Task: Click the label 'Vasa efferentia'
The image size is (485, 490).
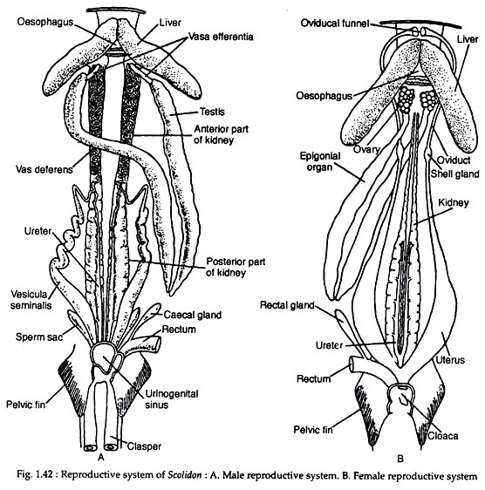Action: point(221,37)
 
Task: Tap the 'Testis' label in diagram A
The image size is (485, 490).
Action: point(212,112)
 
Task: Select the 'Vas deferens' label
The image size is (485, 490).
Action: point(44,170)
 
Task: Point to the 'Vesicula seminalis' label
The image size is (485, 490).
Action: point(31,299)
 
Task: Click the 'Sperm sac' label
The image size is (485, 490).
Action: point(39,337)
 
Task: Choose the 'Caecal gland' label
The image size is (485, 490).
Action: point(192,315)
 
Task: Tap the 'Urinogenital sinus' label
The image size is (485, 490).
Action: point(172,399)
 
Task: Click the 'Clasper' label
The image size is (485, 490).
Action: point(144,446)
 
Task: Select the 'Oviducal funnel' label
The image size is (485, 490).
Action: point(335,24)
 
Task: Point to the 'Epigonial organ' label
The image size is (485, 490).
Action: point(320,161)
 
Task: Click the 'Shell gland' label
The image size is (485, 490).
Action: point(454,174)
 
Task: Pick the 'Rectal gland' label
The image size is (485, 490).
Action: point(287,305)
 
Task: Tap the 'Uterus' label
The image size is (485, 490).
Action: point(450,360)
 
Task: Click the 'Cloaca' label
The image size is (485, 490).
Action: point(443,436)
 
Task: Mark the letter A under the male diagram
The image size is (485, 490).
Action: point(100,457)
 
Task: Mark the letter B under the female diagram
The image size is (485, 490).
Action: point(400,459)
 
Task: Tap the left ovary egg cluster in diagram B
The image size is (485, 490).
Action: point(406,100)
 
